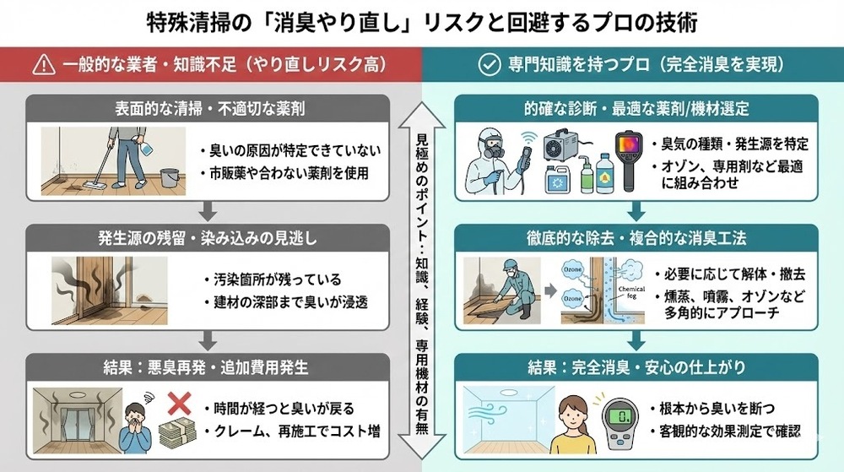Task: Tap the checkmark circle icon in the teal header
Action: (488, 64)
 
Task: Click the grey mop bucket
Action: (167, 178)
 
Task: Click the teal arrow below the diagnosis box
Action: (637, 211)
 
